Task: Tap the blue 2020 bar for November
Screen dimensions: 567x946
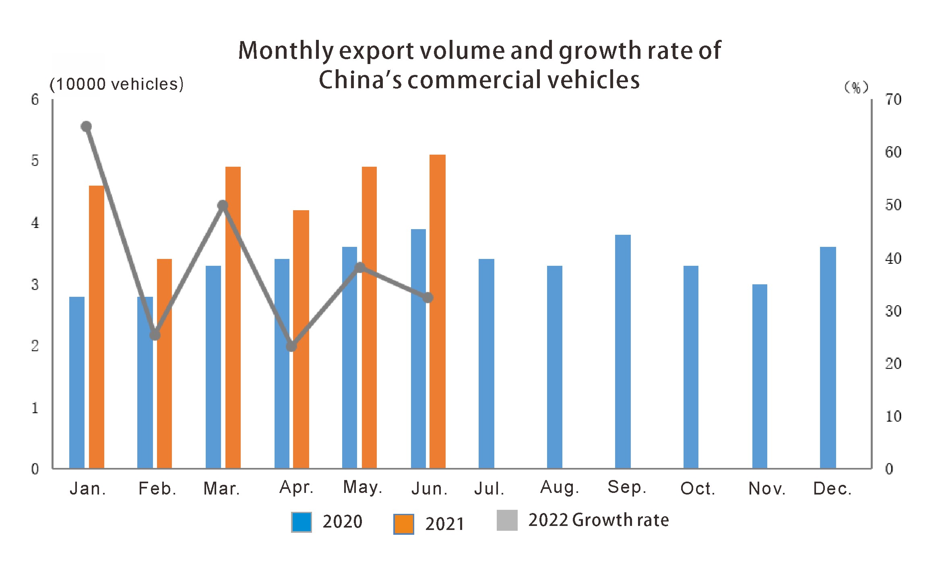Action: click(x=760, y=376)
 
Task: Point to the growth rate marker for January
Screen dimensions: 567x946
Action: click(x=86, y=127)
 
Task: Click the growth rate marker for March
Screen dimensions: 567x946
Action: click(x=223, y=206)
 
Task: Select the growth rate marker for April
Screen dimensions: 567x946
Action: click(x=291, y=346)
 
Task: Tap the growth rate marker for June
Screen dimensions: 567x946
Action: click(x=428, y=298)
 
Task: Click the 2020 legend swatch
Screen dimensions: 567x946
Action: click(x=301, y=522)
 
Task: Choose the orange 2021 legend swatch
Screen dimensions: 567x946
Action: click(x=403, y=524)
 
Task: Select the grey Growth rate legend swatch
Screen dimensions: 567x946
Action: click(x=507, y=520)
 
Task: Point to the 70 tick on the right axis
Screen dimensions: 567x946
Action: click(x=893, y=99)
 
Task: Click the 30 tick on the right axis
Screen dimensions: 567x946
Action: click(x=893, y=311)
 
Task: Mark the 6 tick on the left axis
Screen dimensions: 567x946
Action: click(x=35, y=99)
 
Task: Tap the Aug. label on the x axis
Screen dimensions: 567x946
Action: click(x=559, y=488)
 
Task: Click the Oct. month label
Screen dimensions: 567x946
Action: click(x=697, y=489)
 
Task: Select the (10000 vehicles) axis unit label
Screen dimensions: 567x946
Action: click(x=116, y=84)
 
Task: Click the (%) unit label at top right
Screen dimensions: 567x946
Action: click(x=856, y=87)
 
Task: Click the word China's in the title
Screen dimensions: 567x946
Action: click(x=360, y=80)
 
